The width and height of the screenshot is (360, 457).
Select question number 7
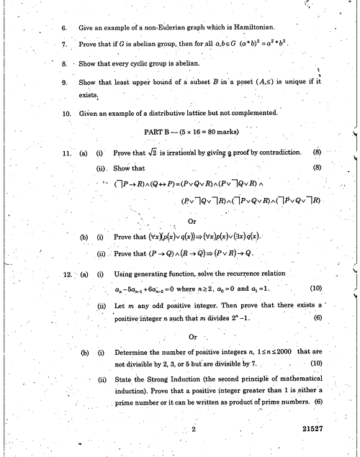click(x=64, y=45)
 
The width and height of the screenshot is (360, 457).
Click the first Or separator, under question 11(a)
click(x=192, y=221)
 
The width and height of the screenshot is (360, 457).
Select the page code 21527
click(x=317, y=427)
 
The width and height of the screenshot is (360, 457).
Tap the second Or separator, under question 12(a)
click(x=192, y=336)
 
